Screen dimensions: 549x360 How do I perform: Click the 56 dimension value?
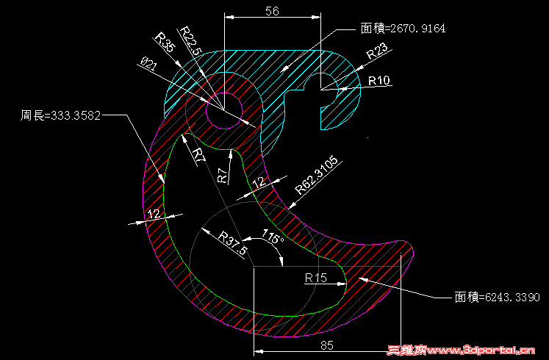[272, 11]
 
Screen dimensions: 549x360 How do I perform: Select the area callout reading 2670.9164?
[403, 29]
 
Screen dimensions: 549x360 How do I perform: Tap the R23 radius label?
[377, 51]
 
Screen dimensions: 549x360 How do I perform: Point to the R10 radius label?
[379, 81]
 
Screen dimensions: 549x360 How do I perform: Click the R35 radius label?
[164, 43]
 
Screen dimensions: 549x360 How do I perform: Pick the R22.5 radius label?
[191, 40]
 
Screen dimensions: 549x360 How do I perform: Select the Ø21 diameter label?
[148, 65]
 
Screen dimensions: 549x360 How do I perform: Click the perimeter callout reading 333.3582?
[60, 115]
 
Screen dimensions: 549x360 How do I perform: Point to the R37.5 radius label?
[232, 242]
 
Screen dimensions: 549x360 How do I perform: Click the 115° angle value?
[273, 237]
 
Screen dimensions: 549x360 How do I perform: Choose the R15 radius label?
[316, 278]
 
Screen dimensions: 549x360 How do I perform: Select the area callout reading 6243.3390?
[497, 298]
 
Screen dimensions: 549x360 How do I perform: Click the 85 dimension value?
[326, 345]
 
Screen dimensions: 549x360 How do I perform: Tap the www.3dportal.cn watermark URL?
[481, 350]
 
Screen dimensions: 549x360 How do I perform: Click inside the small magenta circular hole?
[224, 111]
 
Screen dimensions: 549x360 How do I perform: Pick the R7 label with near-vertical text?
[223, 176]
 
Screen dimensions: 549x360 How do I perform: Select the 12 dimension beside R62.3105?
[259, 182]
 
